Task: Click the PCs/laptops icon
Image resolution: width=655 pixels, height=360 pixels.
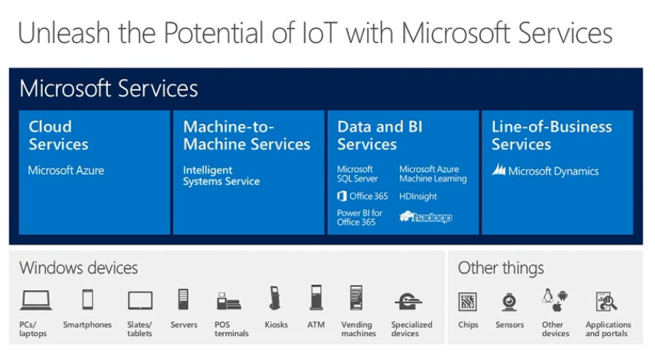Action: tap(36, 300)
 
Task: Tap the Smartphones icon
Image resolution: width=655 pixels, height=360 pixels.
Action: tap(87, 299)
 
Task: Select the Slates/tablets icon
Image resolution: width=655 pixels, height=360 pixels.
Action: tap(140, 300)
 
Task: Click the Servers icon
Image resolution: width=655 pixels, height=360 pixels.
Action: tap(184, 300)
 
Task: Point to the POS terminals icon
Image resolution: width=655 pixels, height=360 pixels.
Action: tap(230, 300)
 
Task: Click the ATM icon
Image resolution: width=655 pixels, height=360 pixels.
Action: tap(315, 298)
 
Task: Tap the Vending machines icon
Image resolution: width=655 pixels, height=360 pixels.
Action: tap(356, 299)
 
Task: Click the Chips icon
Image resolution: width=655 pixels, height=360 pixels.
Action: tap(468, 301)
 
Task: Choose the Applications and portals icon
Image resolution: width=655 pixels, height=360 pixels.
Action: tap(607, 301)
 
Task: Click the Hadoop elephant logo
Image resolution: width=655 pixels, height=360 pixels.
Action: tap(425, 216)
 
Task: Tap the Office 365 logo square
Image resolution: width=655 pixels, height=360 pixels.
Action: tap(342, 196)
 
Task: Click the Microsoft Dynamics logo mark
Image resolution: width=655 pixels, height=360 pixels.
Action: tap(499, 171)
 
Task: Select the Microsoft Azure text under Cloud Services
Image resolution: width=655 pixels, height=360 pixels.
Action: tap(66, 171)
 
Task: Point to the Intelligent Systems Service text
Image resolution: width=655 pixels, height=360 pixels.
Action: tap(221, 176)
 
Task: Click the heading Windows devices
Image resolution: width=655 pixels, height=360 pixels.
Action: tap(79, 267)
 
